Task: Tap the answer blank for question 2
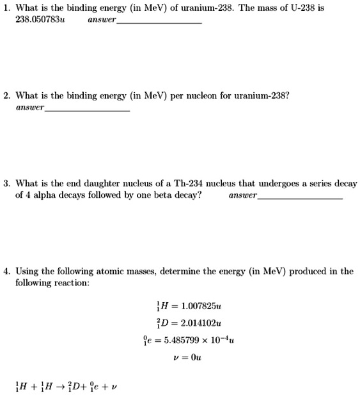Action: (88, 109)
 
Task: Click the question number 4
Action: (6, 271)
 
